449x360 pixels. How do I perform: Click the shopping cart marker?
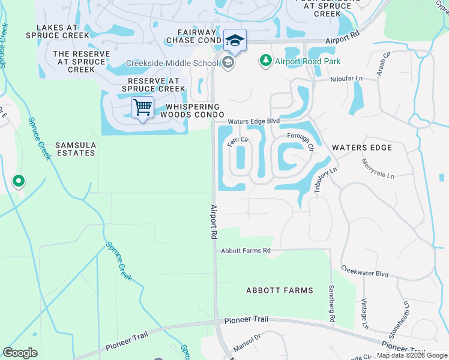(142, 108)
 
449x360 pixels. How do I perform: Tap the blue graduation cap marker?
(235, 41)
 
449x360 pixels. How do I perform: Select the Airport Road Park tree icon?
(265, 61)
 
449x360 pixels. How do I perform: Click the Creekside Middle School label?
(172, 63)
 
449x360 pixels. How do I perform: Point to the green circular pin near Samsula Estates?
(19, 181)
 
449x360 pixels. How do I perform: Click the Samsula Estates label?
(75, 149)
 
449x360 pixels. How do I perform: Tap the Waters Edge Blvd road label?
(253, 121)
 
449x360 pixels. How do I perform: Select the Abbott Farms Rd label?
(246, 250)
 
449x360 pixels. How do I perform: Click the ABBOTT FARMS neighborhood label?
(280, 290)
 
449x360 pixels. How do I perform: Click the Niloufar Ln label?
(346, 79)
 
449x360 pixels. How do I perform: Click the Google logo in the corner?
(20, 352)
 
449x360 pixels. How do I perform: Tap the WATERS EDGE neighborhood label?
(361, 148)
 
